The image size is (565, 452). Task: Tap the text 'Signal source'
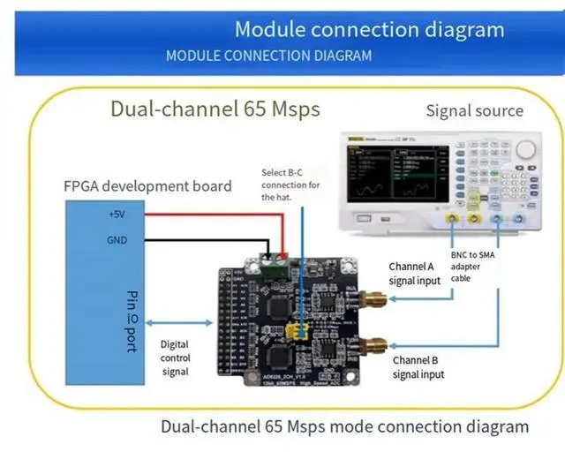coord(474,111)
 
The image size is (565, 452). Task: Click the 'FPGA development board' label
coord(147,186)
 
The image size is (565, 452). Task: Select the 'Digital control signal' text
coord(175,358)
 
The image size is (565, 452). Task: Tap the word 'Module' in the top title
coord(267,29)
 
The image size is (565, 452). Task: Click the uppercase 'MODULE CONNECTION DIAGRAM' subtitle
coord(268,56)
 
